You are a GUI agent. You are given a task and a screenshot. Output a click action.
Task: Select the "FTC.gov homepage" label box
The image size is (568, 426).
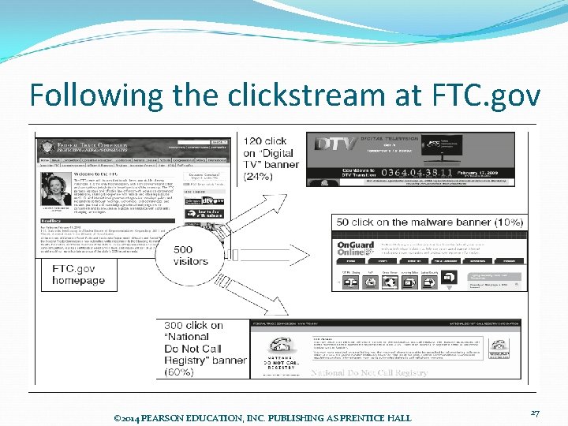tap(79, 275)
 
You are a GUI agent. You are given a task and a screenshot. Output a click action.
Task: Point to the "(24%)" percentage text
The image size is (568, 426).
tap(259, 177)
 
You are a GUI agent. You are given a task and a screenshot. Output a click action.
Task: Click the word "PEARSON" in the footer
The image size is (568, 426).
tap(169, 416)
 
